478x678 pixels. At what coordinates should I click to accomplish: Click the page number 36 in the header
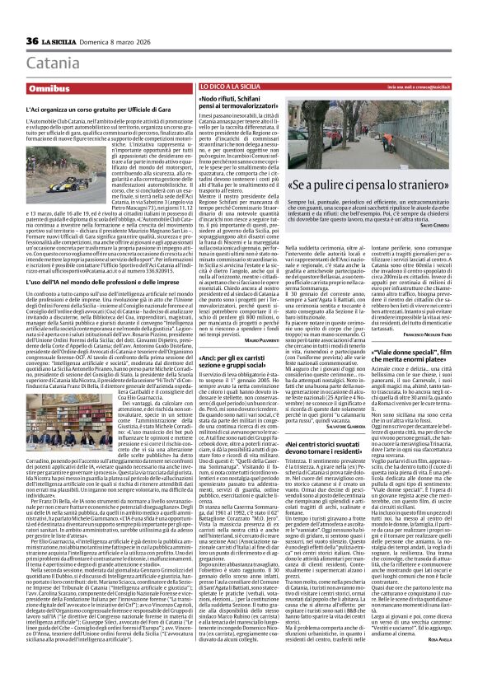[x=33, y=41]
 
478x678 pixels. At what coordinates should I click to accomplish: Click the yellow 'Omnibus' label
[x=49, y=87]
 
